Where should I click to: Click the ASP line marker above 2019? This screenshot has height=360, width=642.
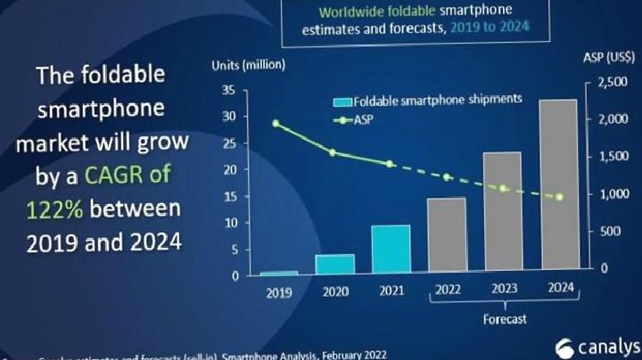pyautogui.click(x=276, y=124)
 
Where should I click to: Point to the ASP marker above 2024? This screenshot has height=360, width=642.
pyautogui.click(x=559, y=197)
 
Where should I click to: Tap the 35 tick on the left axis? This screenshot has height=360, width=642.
pyautogui.click(x=228, y=90)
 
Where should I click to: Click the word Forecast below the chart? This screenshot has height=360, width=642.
pyautogui.click(x=504, y=316)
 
